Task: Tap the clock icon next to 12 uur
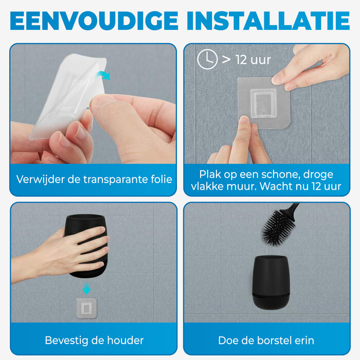[x=207, y=60]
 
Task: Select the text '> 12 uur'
[x=246, y=60]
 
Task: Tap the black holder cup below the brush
[x=271, y=282]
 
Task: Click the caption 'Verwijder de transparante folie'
[x=94, y=179]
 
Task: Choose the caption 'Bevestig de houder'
[x=94, y=340]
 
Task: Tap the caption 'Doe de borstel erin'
[x=266, y=340]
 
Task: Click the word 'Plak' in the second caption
[x=211, y=174]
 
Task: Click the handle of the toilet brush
[x=293, y=208]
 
